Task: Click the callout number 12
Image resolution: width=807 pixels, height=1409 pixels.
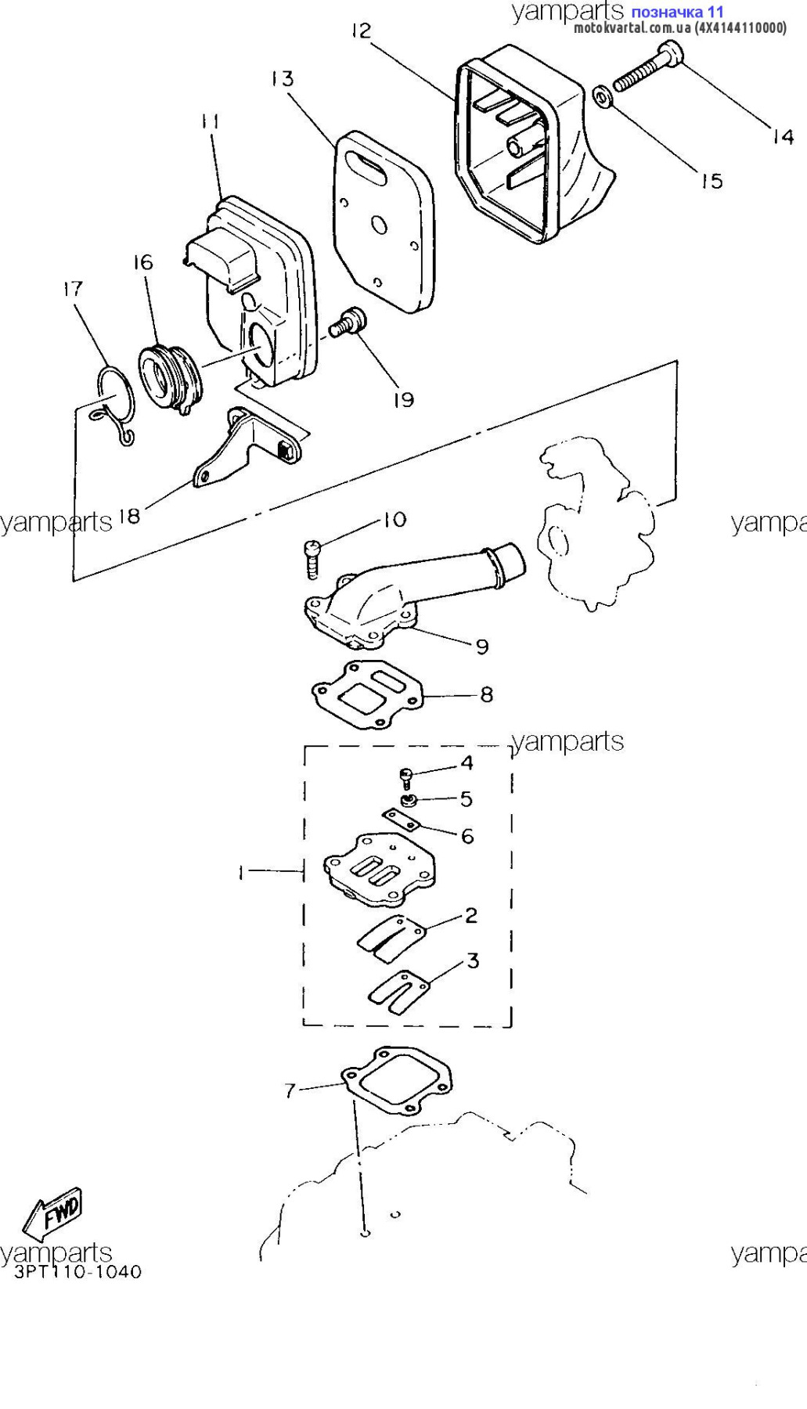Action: (x=361, y=31)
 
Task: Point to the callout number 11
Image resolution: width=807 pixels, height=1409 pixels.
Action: (x=210, y=121)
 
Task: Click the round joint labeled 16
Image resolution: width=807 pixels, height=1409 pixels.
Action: (x=170, y=380)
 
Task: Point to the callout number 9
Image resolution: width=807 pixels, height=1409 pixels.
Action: (x=482, y=646)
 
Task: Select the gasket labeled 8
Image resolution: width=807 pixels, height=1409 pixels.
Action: (x=366, y=695)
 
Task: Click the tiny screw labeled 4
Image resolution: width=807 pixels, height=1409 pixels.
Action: (x=405, y=777)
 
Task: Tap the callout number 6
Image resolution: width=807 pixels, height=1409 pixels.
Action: (x=467, y=836)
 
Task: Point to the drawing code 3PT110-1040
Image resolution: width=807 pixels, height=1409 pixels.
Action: (x=78, y=1271)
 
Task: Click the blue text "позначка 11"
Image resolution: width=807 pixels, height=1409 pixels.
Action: (x=676, y=12)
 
